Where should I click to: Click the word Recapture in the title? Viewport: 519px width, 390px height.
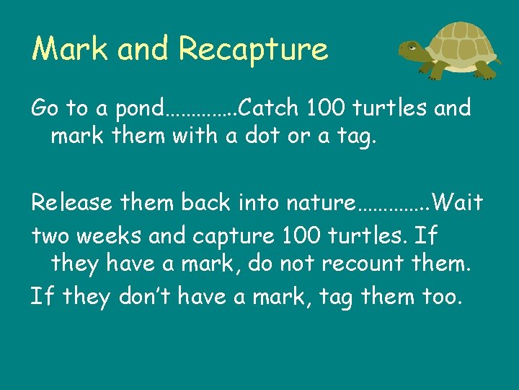(x=253, y=49)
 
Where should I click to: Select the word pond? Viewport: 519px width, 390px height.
(x=138, y=109)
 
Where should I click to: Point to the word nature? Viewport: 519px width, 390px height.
(x=319, y=203)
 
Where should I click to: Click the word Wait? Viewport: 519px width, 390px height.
(x=459, y=202)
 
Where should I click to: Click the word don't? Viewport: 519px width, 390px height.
(x=128, y=295)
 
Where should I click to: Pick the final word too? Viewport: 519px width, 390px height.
(x=438, y=295)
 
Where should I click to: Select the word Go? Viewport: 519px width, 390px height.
(x=44, y=108)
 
